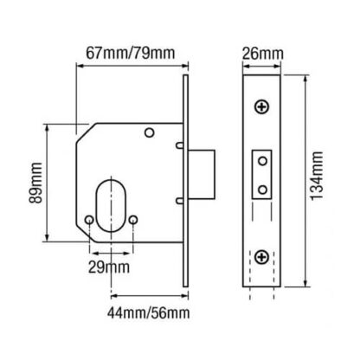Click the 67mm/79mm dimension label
[131, 54]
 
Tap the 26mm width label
[262, 54]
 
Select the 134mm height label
[317, 176]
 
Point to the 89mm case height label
[35, 183]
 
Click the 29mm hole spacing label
[109, 267]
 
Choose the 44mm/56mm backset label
[149, 313]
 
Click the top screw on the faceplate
[262, 107]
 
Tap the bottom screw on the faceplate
[262, 257]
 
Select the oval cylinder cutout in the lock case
[111, 205]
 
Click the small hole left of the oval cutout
[89, 220]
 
